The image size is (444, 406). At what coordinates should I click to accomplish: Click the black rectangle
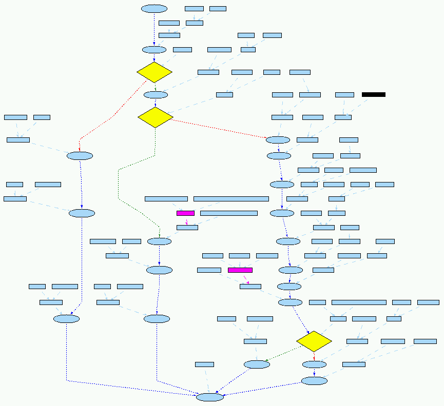click(373, 94)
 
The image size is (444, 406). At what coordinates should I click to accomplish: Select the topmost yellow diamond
click(154, 72)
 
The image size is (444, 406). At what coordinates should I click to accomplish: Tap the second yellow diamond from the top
click(155, 117)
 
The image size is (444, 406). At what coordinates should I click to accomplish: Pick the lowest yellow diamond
click(314, 341)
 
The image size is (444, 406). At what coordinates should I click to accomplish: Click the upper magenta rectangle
click(185, 213)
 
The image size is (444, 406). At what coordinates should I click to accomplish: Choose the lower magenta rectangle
click(240, 270)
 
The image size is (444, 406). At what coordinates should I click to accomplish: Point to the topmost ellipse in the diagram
click(154, 9)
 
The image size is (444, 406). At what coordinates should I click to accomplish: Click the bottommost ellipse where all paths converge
click(210, 397)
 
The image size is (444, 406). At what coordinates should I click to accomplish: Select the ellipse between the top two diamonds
click(156, 95)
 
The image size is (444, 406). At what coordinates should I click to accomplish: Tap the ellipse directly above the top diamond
click(154, 50)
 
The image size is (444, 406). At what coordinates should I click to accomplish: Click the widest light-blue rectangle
click(231, 198)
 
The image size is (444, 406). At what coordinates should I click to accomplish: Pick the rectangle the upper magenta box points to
click(187, 227)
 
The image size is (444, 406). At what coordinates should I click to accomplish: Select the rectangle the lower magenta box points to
click(250, 286)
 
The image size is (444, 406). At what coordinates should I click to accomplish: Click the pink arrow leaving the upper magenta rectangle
click(186, 220)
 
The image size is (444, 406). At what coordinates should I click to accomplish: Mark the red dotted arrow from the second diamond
click(221, 128)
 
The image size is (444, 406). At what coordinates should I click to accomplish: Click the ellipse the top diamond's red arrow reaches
click(80, 156)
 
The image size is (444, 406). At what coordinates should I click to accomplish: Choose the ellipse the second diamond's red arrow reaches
click(278, 140)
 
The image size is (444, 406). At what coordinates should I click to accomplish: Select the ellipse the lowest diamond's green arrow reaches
click(257, 364)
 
